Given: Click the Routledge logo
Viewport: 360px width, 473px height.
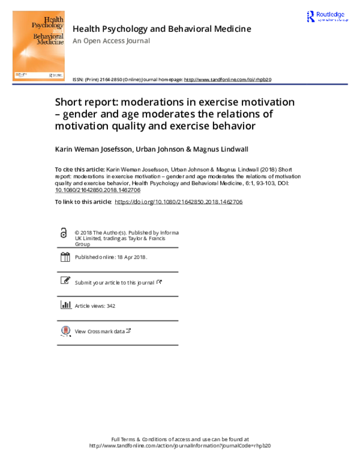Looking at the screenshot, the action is click(x=326, y=17).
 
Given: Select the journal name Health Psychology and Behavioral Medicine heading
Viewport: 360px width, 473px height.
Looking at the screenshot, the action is click(x=161, y=28).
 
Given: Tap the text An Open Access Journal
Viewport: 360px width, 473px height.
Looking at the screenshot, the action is click(x=111, y=41).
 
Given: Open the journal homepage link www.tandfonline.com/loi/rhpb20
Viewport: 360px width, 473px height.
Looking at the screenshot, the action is click(x=227, y=79).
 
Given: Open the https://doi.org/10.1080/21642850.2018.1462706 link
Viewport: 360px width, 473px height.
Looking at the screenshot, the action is click(x=178, y=202).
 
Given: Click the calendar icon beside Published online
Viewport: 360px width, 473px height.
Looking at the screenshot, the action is click(x=65, y=257).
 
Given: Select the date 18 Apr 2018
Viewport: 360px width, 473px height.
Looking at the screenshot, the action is click(x=131, y=258).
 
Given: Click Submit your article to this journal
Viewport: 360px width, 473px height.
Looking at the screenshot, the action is click(x=114, y=282).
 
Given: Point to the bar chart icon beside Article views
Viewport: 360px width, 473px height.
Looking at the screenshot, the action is click(x=65, y=305).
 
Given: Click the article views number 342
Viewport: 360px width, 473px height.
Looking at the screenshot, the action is click(x=110, y=306).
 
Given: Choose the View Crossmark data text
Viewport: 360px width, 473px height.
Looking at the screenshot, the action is click(x=100, y=331).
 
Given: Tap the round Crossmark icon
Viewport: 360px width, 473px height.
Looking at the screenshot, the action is click(x=65, y=331).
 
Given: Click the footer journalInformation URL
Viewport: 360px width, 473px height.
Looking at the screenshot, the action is click(x=180, y=446).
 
